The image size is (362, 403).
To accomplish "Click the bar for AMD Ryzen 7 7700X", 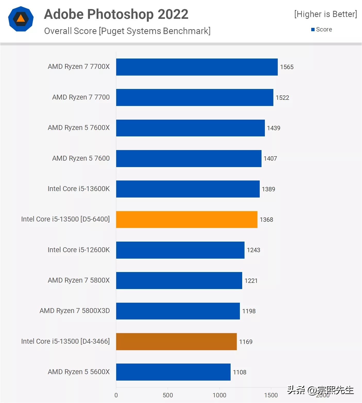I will click(x=197, y=67).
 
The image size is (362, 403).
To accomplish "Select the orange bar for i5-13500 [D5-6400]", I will click(x=187, y=219).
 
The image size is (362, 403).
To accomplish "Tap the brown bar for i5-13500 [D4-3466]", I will click(x=176, y=342).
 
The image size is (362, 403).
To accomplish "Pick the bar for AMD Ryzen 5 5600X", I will click(x=173, y=372).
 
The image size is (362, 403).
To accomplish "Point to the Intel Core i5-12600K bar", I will click(x=180, y=250).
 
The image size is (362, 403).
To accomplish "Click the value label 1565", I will click(x=287, y=67).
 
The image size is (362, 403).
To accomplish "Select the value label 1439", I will click(x=274, y=128).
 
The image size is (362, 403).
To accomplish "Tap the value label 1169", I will click(x=246, y=342).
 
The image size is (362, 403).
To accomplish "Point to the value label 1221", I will click(x=251, y=281).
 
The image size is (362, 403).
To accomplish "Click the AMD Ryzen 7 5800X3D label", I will click(x=75, y=311).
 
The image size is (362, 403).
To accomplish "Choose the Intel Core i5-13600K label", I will click(x=79, y=189).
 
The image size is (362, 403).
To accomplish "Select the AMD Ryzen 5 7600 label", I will click(x=81, y=158).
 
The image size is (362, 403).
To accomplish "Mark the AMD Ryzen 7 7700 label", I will click(x=81, y=97).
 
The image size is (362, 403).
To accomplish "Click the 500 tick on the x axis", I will click(x=168, y=395).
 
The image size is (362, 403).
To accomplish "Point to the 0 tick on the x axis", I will click(x=116, y=395).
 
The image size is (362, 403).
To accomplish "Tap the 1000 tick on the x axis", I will click(x=219, y=395).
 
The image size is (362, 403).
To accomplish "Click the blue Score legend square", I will click(x=313, y=30).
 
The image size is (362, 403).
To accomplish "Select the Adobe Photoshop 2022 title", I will click(x=116, y=14).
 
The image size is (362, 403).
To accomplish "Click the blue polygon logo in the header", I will click(x=21, y=19).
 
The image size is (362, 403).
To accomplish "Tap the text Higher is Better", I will click(x=326, y=14).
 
